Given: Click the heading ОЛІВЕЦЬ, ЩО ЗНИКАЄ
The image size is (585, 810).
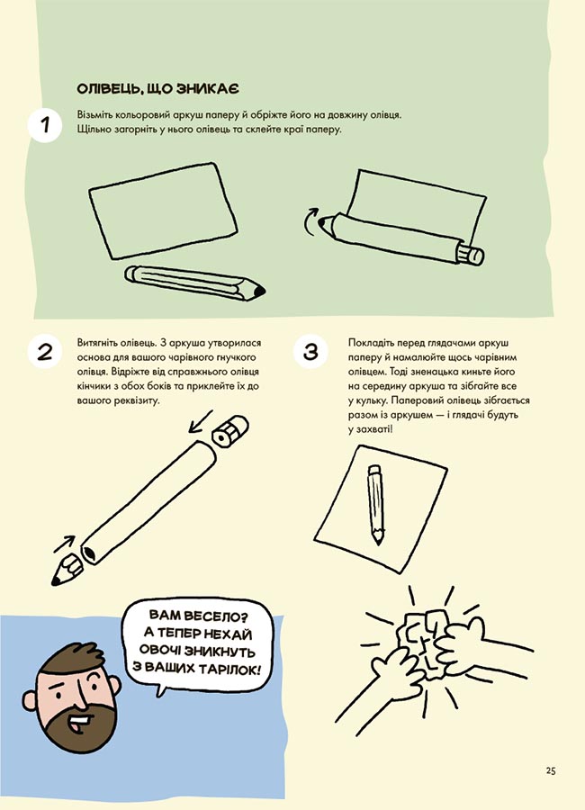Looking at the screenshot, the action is click(158, 89).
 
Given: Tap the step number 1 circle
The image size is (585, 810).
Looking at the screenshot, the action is click(45, 125).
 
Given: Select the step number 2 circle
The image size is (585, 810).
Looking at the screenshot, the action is click(45, 352).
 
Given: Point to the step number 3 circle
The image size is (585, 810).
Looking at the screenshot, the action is click(310, 352).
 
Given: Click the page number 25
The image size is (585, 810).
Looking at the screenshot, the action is click(551, 771).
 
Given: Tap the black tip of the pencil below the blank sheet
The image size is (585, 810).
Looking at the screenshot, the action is click(259, 291).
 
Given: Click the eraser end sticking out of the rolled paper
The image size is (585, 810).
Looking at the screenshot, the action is click(471, 255).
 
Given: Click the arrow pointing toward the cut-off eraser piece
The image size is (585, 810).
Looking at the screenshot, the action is click(200, 421).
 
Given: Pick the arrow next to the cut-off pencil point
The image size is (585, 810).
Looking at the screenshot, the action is click(65, 544).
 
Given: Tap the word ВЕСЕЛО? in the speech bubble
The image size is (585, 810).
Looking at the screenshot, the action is click(217, 616).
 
